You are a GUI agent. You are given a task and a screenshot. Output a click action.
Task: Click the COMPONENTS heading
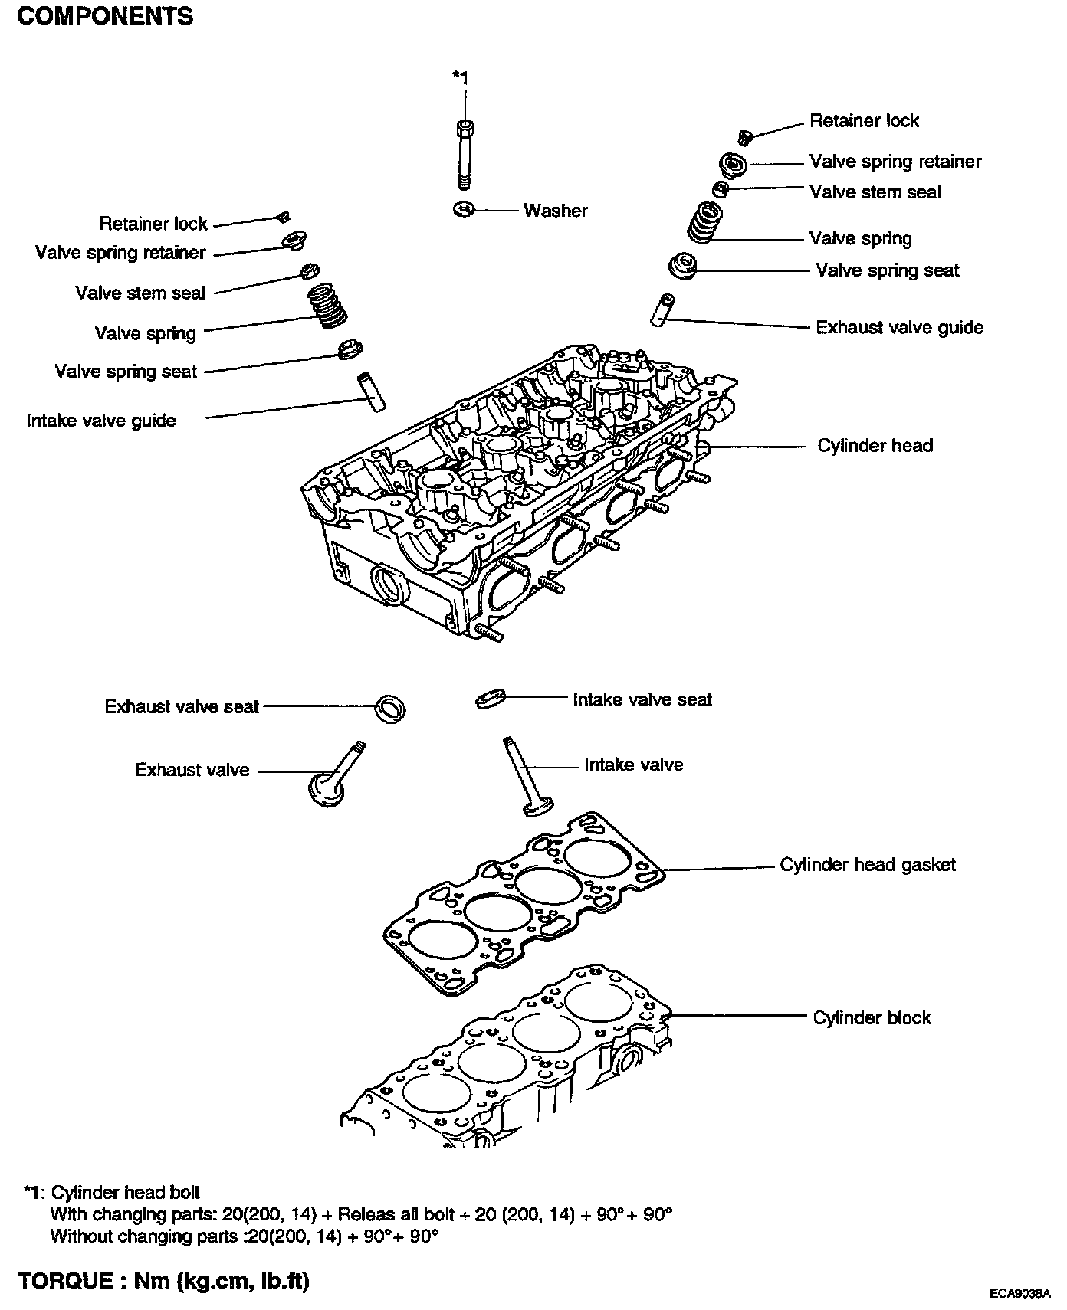(105, 17)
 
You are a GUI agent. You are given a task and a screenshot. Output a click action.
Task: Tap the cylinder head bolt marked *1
(464, 153)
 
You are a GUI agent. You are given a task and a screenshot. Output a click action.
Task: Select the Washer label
(555, 211)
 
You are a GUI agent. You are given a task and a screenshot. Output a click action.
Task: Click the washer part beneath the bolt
(465, 208)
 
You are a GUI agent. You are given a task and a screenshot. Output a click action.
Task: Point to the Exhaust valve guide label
(899, 328)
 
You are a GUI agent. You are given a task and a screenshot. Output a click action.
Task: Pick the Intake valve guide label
(101, 421)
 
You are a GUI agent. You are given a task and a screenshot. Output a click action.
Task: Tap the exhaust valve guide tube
(663, 309)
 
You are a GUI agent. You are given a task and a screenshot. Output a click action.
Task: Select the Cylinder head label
(875, 446)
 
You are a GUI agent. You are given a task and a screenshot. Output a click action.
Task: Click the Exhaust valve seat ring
(391, 709)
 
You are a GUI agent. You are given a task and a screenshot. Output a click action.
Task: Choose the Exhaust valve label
(192, 770)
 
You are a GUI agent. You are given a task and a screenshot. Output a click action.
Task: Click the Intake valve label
(633, 765)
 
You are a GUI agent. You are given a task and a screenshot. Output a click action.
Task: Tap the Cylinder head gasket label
(868, 865)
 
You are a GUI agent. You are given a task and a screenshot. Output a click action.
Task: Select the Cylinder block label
(872, 1018)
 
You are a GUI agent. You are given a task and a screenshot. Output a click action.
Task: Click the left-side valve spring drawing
(329, 306)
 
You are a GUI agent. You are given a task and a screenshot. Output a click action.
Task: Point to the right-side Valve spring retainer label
(895, 162)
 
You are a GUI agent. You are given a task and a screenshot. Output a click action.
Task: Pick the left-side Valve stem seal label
(140, 293)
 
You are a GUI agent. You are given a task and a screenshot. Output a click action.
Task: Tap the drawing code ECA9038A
(1019, 1294)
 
